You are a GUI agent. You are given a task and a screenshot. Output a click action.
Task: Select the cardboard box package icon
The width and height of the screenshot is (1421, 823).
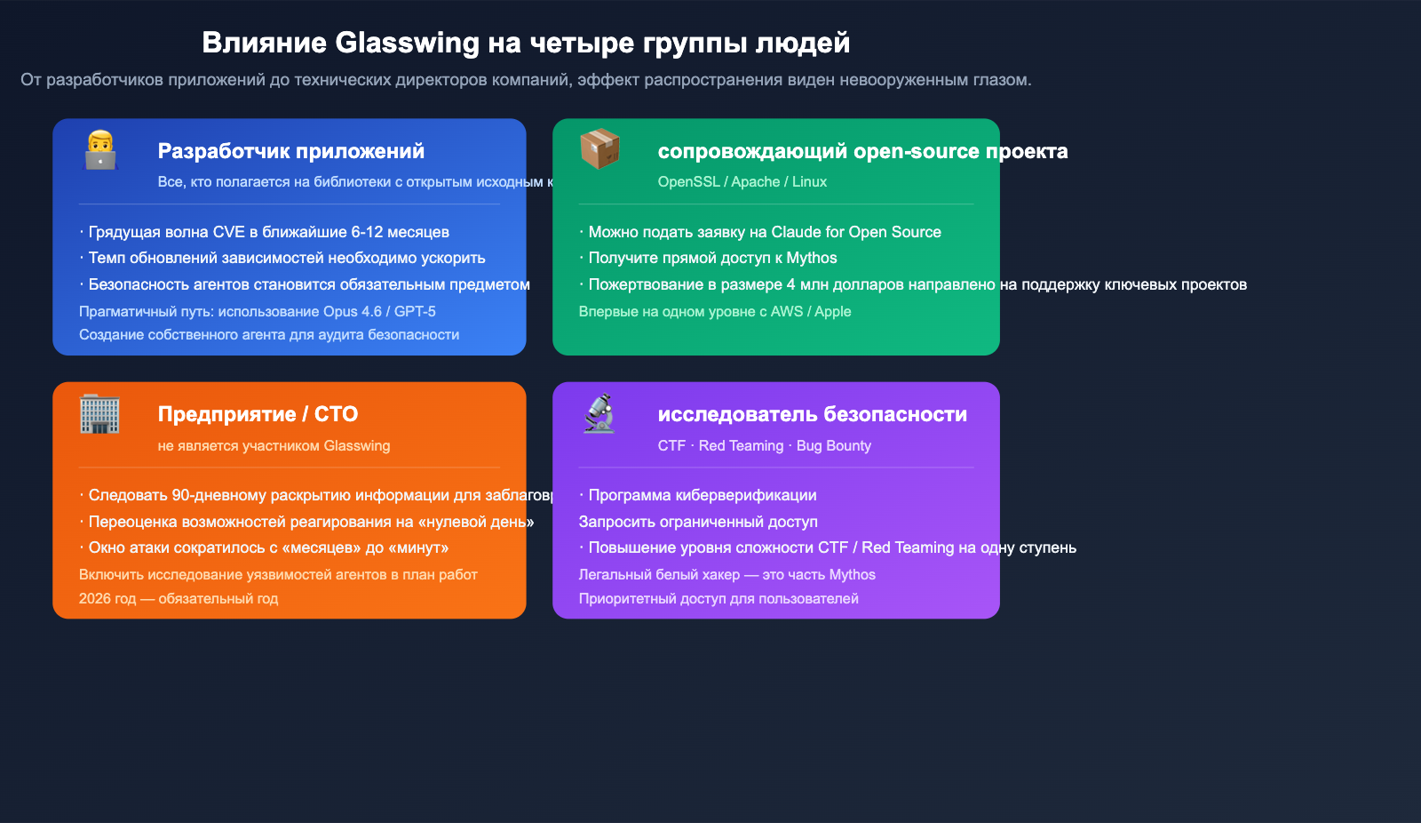coord(599,148)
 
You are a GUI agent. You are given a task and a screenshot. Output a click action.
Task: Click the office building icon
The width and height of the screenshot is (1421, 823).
coord(99,414)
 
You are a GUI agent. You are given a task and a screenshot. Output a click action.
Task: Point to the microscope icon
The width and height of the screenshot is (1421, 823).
coord(599,413)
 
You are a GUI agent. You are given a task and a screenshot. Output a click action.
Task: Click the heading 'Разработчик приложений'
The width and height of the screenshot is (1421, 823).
coord(290,151)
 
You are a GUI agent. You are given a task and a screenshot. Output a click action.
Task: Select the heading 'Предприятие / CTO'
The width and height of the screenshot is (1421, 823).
coord(258,414)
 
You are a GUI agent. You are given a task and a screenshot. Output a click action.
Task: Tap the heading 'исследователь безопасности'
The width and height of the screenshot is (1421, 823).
coord(812,414)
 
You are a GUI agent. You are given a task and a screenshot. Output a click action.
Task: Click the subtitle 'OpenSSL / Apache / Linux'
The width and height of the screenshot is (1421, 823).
coord(742,182)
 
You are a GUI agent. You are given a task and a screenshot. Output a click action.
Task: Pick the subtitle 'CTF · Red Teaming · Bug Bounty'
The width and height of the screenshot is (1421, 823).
coord(764,446)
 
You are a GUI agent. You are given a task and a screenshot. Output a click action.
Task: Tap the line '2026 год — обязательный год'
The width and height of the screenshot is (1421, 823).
coord(179,599)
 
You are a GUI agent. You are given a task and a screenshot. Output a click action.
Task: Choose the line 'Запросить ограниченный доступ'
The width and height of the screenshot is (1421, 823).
coord(698,522)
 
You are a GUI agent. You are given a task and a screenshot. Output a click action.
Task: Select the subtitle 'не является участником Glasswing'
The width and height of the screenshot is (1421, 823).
coord(274,446)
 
